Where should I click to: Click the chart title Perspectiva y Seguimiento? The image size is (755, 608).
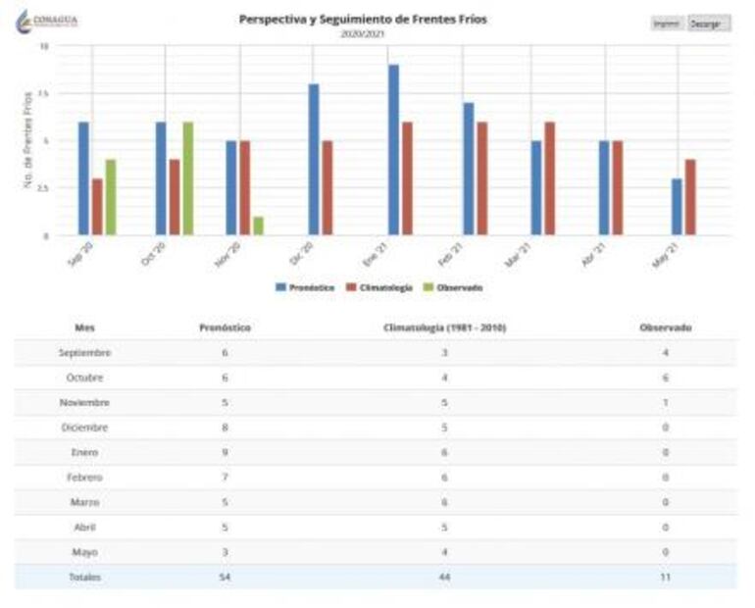point(362,19)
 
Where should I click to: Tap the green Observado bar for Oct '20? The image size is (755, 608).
point(187,178)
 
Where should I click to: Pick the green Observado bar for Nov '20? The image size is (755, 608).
point(258,226)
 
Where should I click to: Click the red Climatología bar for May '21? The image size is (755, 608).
point(690,197)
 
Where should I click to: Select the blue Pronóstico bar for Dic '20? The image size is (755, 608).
point(314,159)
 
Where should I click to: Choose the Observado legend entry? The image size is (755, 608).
point(453,287)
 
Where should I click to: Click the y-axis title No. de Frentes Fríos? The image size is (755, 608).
point(28,140)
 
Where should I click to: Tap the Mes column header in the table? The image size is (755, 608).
point(85,328)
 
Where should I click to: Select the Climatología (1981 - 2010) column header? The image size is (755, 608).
point(444,328)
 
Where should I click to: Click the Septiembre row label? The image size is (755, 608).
point(85,352)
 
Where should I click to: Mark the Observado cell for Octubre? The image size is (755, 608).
point(665,378)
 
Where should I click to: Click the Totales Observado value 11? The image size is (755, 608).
point(665,577)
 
